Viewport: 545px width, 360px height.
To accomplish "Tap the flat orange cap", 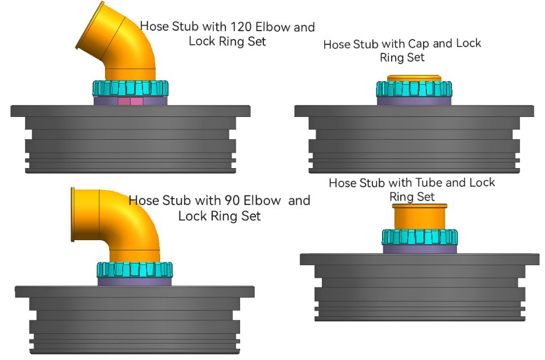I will point(414,78).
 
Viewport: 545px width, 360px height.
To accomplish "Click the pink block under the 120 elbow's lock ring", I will point(130,101).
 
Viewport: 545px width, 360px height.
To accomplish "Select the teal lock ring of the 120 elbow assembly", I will point(130,88).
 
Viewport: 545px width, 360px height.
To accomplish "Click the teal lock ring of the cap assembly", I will point(414,89).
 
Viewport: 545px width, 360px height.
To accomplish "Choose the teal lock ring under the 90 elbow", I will point(135,269).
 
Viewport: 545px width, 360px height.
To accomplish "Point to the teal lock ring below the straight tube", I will point(420,237).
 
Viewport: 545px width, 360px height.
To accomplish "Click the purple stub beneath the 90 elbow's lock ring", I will point(135,281).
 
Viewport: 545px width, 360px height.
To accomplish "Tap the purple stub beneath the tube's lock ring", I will point(420,249).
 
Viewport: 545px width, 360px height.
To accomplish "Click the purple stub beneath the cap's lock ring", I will point(414,101).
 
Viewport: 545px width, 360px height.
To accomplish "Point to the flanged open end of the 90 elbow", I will point(73,214).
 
